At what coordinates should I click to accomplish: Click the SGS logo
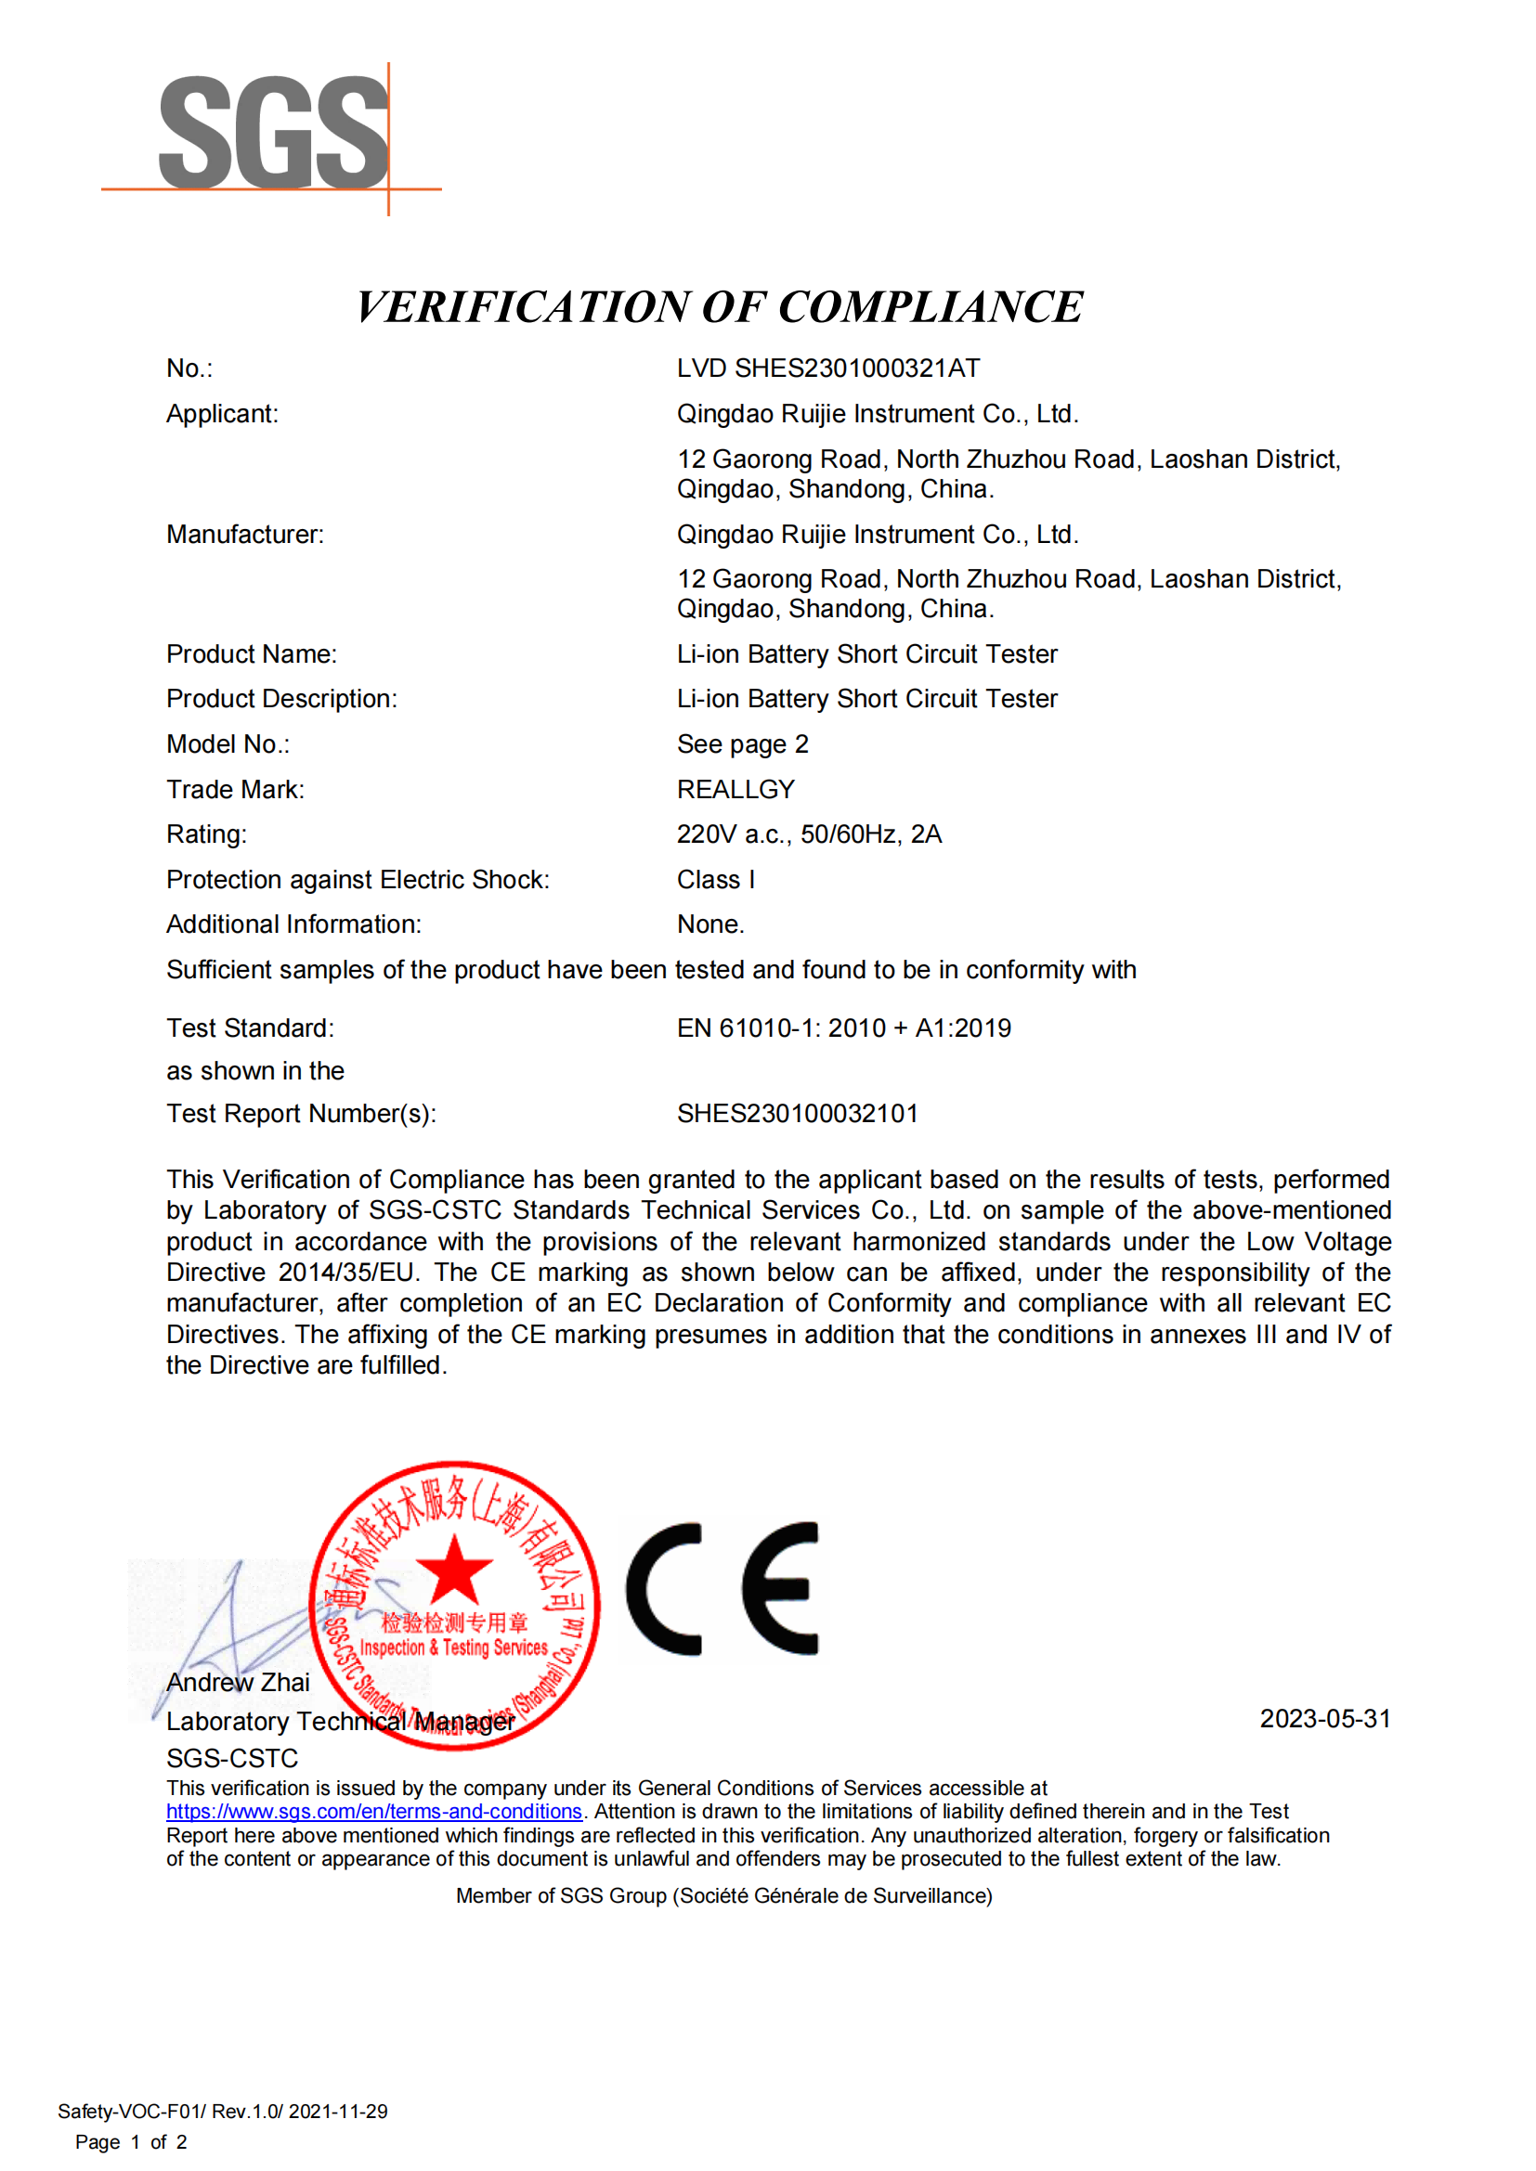(x=272, y=135)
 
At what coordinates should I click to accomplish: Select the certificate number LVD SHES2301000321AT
(x=827, y=368)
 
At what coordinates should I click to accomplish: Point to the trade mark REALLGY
(x=735, y=790)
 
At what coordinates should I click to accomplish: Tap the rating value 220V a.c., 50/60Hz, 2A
(x=809, y=834)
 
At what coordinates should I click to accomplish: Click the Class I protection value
(x=715, y=879)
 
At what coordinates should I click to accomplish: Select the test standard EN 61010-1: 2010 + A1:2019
(x=842, y=1027)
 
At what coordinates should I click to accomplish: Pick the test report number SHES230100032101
(x=797, y=1114)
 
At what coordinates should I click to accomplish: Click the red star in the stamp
(x=454, y=1570)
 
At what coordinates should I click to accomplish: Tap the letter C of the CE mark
(x=665, y=1588)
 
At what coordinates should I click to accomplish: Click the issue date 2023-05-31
(x=1324, y=1718)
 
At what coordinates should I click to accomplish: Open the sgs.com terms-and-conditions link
(x=373, y=1812)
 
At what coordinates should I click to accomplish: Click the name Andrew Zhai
(x=238, y=1683)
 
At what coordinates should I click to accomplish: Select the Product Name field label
(x=252, y=654)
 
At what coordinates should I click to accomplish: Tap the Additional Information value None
(x=710, y=924)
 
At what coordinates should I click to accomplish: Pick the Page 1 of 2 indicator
(x=131, y=2141)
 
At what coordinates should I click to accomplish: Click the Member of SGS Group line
(x=723, y=1896)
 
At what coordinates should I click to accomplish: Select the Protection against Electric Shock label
(x=358, y=879)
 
